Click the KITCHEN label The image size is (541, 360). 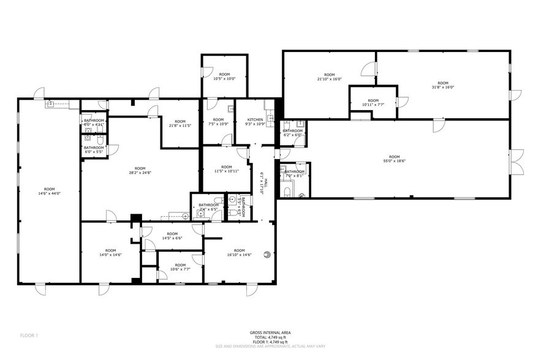255,119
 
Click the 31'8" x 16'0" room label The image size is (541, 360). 442,86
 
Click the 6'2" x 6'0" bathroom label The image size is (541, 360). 292,133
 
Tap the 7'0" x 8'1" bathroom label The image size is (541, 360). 295,174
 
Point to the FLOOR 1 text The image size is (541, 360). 29,335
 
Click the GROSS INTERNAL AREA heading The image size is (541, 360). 270,332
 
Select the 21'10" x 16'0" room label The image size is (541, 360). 329,77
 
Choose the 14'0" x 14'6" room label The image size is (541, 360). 110,252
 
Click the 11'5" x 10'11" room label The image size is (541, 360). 226,170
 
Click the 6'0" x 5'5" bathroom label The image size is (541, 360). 94,149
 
